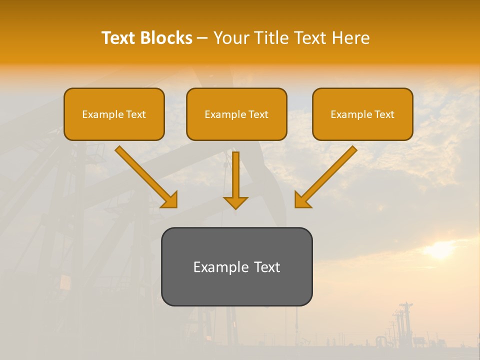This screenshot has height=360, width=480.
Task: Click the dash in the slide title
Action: (202, 38)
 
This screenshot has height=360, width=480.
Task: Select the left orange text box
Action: (114, 114)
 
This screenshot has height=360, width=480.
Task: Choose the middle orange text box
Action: (236, 114)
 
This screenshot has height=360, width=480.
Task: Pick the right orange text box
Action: (362, 114)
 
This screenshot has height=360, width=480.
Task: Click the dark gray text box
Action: (236, 266)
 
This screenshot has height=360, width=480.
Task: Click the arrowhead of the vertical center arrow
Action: (235, 202)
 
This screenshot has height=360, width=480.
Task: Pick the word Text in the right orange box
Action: (385, 114)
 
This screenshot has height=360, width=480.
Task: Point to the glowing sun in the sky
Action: (440, 250)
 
